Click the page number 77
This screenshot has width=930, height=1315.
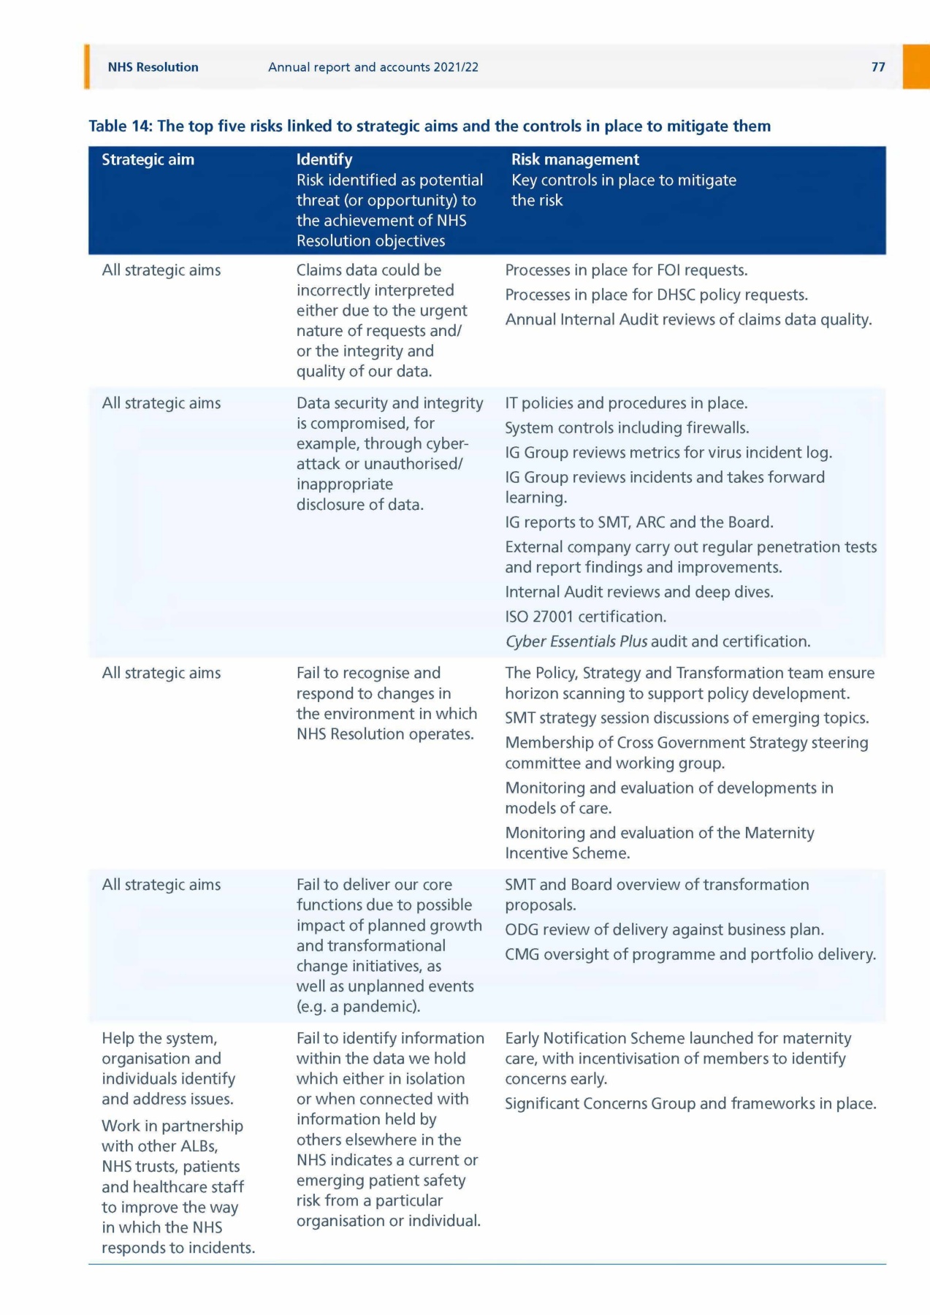(x=878, y=67)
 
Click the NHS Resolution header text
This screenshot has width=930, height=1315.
(x=153, y=67)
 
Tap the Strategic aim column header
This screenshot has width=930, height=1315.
(x=148, y=159)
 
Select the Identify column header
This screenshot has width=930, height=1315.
(x=324, y=159)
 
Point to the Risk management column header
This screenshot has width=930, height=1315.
(x=575, y=159)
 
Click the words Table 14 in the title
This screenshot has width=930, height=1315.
(x=120, y=126)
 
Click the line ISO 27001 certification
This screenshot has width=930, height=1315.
(x=585, y=617)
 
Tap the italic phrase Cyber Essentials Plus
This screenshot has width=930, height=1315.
(x=576, y=641)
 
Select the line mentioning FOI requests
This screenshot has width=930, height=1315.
(x=626, y=270)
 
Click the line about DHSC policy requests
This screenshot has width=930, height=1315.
(x=656, y=295)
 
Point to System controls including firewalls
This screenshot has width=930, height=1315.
(x=627, y=428)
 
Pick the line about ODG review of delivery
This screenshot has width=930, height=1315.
(x=664, y=930)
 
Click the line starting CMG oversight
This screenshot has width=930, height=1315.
(x=690, y=955)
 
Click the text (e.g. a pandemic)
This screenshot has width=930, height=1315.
(x=358, y=1007)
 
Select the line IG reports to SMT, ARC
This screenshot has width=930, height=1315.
(x=639, y=522)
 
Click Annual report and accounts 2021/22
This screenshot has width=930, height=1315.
(x=373, y=67)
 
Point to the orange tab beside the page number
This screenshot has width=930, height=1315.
(x=916, y=66)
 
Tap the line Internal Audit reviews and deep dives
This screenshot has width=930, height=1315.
(x=639, y=592)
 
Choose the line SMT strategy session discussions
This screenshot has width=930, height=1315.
(x=687, y=718)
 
